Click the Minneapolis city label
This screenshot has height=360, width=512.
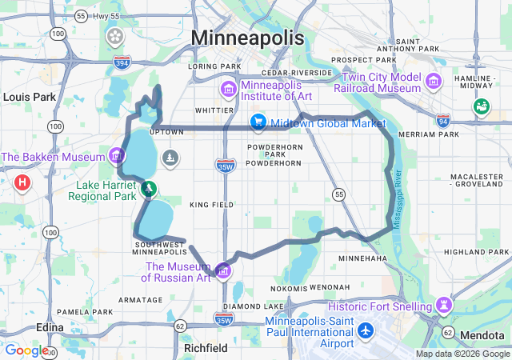pos(247,38)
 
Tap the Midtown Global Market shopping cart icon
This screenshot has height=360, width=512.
pos(258,122)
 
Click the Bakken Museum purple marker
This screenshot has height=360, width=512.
pos(117,154)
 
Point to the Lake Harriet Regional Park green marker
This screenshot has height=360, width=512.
pos(148,189)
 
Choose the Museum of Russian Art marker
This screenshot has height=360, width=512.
pos(222,270)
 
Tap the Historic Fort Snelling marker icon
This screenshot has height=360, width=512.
pos(443,304)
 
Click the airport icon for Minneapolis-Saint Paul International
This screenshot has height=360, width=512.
pos(366,330)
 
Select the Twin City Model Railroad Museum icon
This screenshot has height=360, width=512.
pos(434,81)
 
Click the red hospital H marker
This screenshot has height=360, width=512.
pos(22,182)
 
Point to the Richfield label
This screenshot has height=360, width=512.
pos(206,349)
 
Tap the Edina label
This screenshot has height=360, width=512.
pos(51,327)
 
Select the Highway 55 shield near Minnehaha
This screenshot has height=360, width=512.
pos(339,194)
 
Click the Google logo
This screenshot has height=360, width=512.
pos(26,350)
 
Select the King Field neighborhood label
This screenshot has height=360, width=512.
pos(211,205)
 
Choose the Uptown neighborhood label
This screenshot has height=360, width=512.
pos(166,130)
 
